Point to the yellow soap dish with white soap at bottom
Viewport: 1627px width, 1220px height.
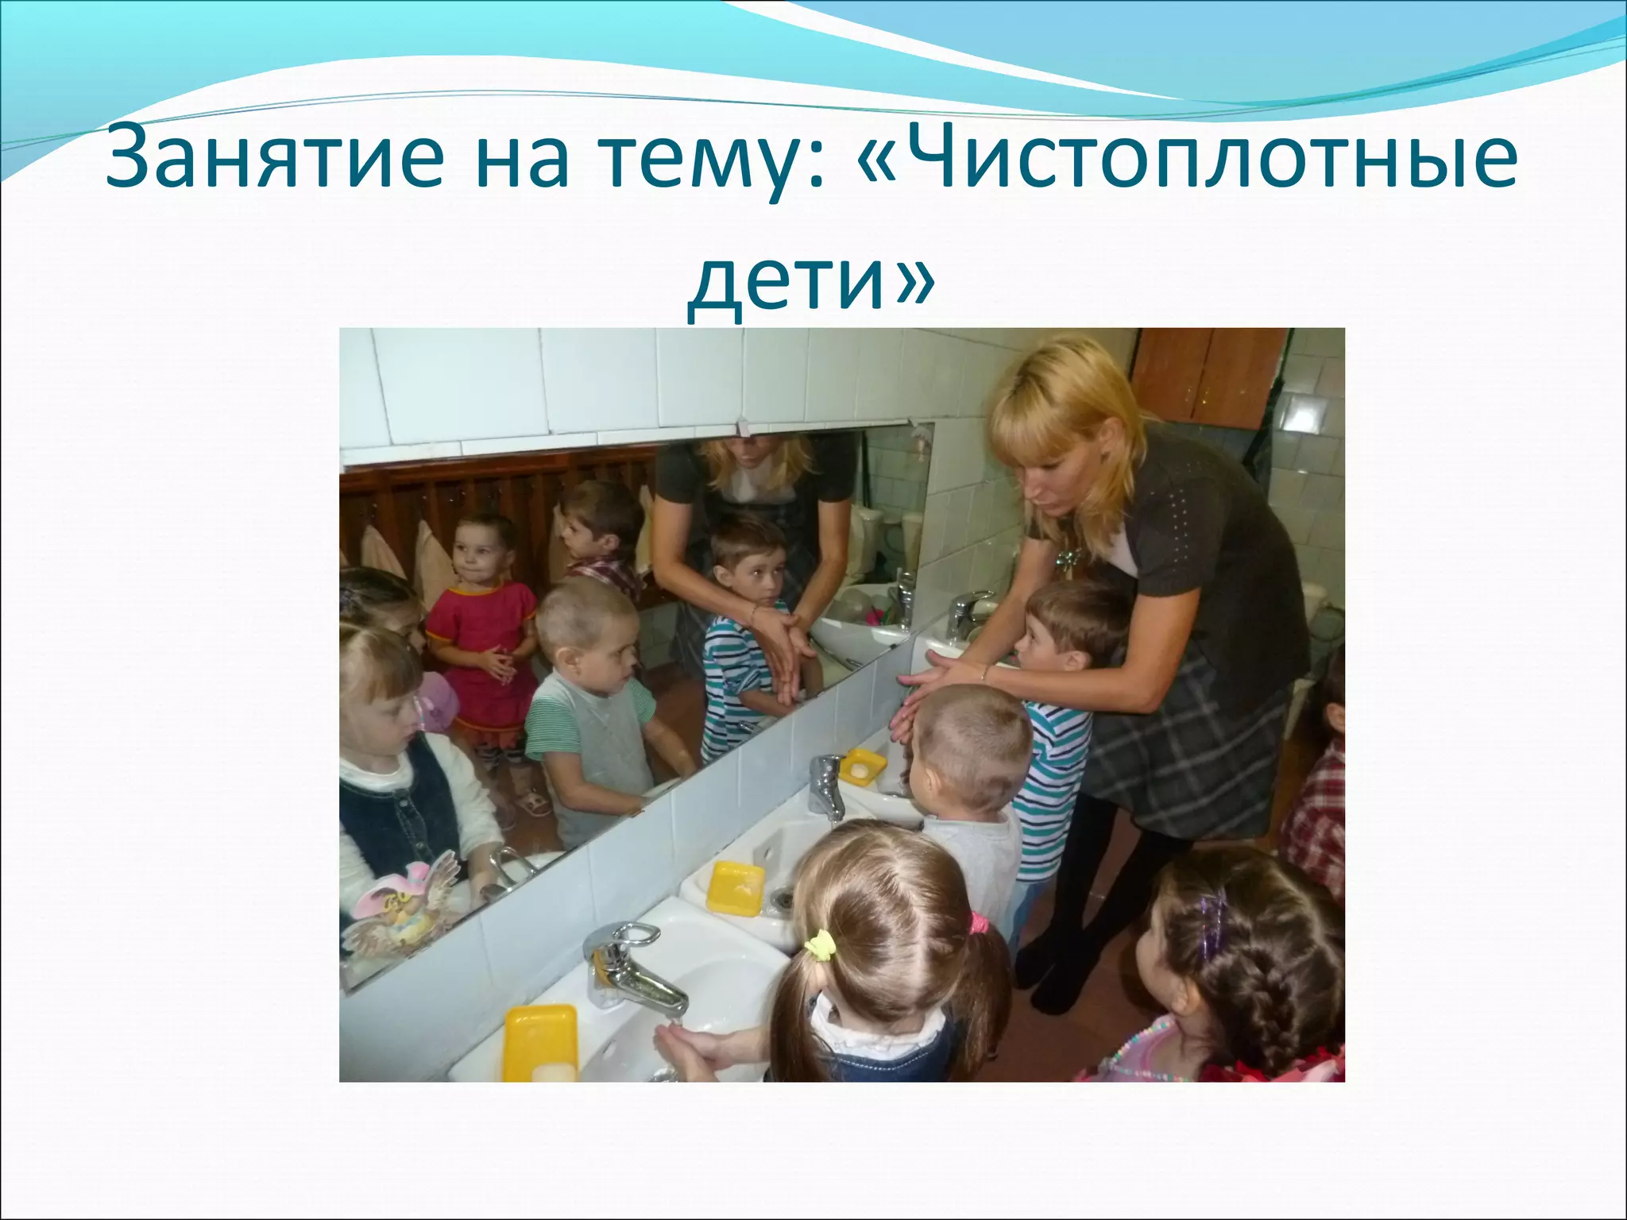pos(541,1043)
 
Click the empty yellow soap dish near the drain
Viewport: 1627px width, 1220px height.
pos(736,889)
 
